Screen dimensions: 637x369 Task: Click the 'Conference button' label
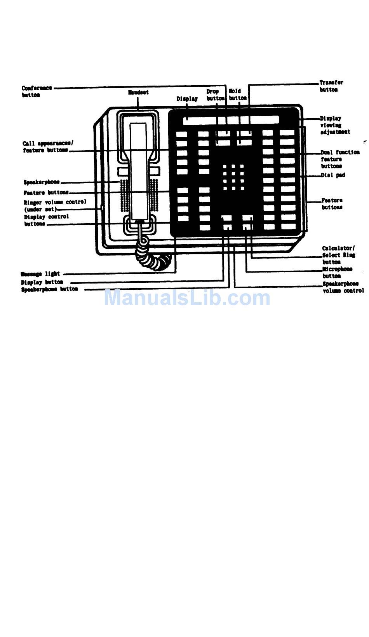(37, 91)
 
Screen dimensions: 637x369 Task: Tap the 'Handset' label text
(138, 93)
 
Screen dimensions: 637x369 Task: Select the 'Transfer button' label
(331, 86)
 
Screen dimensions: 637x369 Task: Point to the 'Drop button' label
(215, 95)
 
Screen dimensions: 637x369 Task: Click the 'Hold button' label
(237, 94)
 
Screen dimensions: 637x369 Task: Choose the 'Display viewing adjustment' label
(334, 125)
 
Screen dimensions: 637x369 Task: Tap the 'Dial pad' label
(333, 175)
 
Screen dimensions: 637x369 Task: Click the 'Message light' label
(40, 274)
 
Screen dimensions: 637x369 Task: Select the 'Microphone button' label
(337, 272)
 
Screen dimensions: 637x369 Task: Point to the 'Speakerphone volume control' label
(343, 287)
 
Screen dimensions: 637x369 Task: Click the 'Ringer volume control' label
(55, 205)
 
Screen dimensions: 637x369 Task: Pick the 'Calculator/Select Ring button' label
(338, 255)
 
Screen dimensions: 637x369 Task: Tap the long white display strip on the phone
(231, 120)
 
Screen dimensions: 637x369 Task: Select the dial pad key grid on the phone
(233, 177)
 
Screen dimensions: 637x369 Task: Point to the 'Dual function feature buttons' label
(339, 159)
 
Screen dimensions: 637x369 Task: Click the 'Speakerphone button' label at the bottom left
(49, 289)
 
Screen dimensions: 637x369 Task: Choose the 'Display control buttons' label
(46, 220)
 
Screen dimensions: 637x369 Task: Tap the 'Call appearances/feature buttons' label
(47, 147)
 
